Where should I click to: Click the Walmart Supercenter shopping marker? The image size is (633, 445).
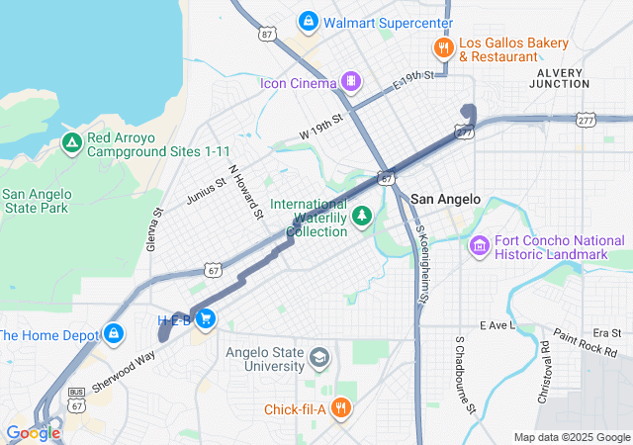pos(309,21)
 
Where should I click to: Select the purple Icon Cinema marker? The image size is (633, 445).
pos(349,80)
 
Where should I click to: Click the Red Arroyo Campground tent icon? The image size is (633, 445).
pos(71,143)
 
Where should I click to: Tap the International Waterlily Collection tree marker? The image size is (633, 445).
pos(362,216)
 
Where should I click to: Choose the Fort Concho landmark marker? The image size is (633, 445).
pos(480,244)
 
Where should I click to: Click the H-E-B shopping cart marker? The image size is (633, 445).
pos(206,318)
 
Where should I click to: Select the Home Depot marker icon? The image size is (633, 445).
pos(115,334)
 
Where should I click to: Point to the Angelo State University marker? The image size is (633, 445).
pos(318,356)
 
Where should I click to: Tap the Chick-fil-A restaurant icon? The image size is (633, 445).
pos(340,407)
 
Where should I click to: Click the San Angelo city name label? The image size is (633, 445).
pos(445,199)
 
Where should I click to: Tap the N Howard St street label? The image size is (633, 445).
pos(245,191)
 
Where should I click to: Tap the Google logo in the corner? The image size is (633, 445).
pos(33,433)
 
